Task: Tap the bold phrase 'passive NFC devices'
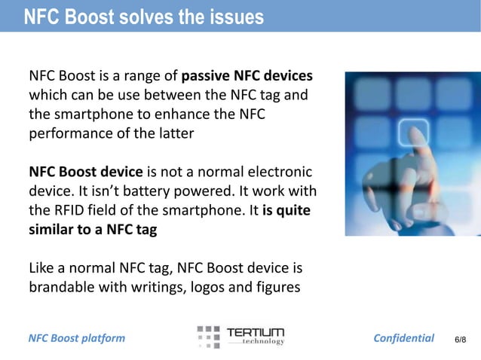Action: tap(247, 76)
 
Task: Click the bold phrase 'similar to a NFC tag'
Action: tap(93, 230)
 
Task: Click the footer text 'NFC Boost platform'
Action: tap(76, 338)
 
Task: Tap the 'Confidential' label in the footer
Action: tap(404, 338)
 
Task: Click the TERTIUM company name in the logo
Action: tap(256, 332)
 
